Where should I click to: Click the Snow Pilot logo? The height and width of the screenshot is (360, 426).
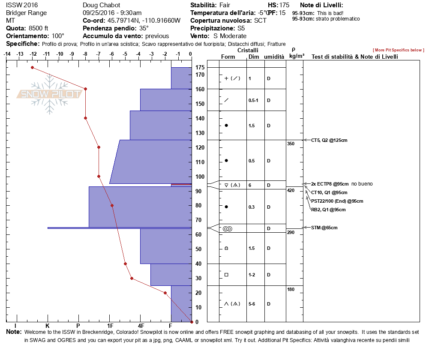click(49, 94)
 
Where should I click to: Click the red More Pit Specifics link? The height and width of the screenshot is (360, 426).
click(398, 50)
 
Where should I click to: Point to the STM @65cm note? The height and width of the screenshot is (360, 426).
click(324, 228)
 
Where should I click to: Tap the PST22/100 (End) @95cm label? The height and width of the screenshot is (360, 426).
click(337, 201)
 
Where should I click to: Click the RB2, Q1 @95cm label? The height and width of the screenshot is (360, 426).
click(328, 210)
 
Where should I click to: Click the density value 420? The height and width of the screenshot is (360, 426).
click(291, 190)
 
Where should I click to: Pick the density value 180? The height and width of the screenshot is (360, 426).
click(291, 290)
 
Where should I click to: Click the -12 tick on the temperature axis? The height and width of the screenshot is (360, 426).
click(33, 54)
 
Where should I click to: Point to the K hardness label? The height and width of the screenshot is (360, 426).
click(48, 331)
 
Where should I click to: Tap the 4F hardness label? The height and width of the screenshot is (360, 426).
click(141, 331)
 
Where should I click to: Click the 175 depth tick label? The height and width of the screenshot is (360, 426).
click(200, 67)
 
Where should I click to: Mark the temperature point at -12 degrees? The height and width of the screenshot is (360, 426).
click(32, 67)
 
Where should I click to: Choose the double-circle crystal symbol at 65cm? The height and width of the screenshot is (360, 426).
click(227, 229)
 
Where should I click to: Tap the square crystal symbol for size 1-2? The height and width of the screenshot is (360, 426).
click(226, 275)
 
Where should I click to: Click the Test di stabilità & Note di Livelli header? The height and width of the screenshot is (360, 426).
click(355, 57)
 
